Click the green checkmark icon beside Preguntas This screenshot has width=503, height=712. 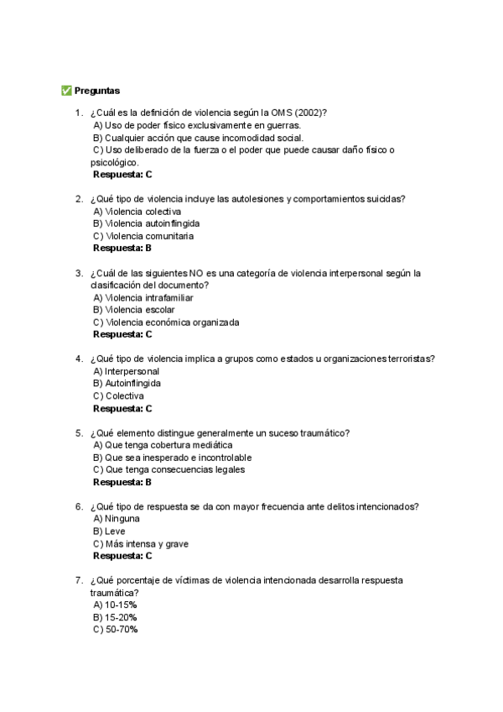(x=66, y=90)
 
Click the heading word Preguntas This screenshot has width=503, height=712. (x=97, y=90)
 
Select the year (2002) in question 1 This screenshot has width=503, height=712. (x=308, y=113)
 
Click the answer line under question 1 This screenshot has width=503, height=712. (x=122, y=175)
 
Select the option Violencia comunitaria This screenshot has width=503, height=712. (x=143, y=236)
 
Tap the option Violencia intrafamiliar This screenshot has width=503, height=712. (x=143, y=298)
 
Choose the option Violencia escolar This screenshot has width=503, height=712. (x=134, y=310)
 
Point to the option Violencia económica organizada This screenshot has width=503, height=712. (x=166, y=322)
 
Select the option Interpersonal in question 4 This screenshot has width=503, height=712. (x=126, y=371)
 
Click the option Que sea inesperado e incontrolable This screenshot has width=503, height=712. (x=172, y=458)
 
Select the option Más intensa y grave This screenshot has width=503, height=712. (x=141, y=544)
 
